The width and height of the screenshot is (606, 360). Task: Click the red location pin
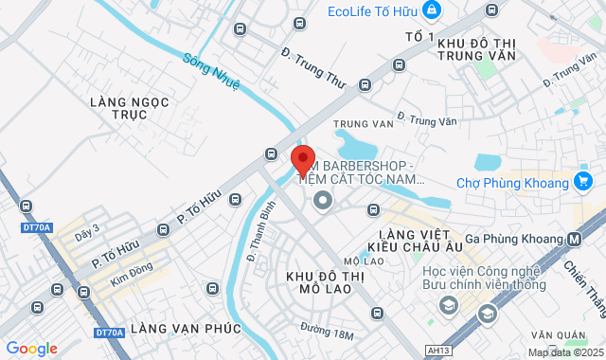[x=302, y=160]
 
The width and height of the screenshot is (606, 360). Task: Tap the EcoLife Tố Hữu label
[x=373, y=10]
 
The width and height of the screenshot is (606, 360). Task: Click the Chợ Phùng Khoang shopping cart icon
[x=583, y=181]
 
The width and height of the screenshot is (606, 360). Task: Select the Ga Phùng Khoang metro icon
[x=575, y=241]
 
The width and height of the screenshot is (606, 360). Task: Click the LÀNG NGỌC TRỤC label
[x=119, y=107]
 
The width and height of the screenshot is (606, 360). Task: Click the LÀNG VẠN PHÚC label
[x=187, y=328]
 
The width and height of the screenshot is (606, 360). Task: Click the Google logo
[x=31, y=348]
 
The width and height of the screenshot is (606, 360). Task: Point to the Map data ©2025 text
[x=564, y=352]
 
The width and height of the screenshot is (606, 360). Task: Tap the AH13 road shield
[x=438, y=351]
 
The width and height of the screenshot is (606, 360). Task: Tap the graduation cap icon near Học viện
[x=486, y=313]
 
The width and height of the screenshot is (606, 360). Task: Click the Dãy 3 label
[x=87, y=231]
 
